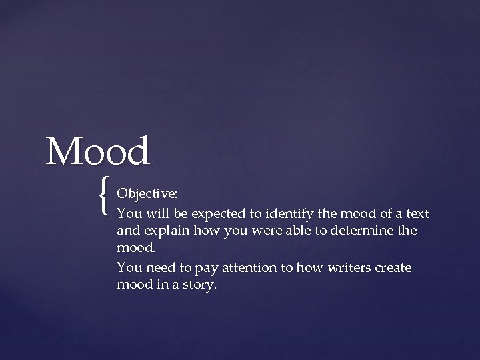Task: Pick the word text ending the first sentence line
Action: click(x=417, y=213)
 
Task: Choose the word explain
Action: click(x=162, y=232)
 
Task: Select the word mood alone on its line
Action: click(x=135, y=249)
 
